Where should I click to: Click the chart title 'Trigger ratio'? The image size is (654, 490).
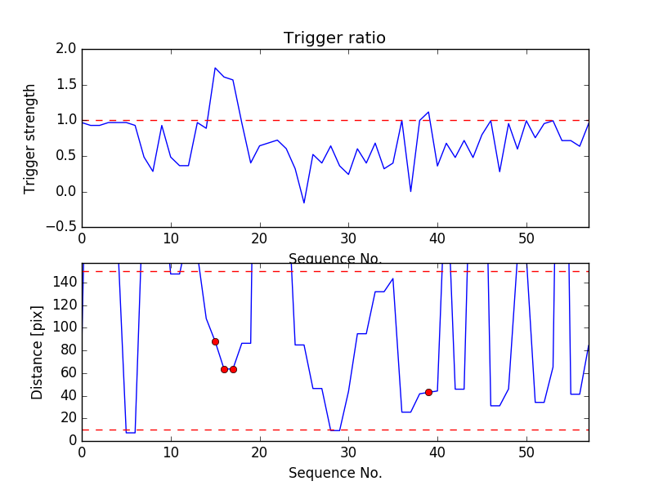(x=334, y=38)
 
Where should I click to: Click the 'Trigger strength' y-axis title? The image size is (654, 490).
(x=30, y=138)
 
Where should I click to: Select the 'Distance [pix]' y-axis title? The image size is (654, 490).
(x=38, y=352)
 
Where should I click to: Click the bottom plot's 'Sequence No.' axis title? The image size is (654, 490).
(x=334, y=473)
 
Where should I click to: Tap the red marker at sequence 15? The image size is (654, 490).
(x=215, y=341)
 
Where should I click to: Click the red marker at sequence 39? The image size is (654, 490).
(x=428, y=392)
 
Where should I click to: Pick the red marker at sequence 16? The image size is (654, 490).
(x=224, y=369)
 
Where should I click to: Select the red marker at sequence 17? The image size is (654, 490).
(x=233, y=369)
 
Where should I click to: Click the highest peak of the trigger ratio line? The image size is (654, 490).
(x=215, y=68)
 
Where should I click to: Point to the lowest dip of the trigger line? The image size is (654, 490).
(x=304, y=203)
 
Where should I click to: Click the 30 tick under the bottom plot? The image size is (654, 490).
(x=348, y=452)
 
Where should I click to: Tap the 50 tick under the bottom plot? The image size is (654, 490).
(x=526, y=452)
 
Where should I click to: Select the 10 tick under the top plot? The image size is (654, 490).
(x=171, y=238)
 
